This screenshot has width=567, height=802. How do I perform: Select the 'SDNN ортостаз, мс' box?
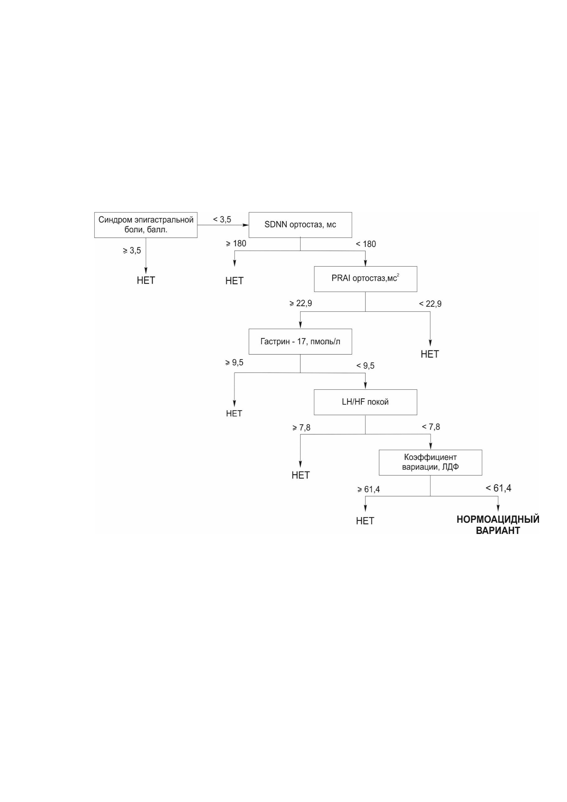(300, 225)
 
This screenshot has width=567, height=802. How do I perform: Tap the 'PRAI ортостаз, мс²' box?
(365, 279)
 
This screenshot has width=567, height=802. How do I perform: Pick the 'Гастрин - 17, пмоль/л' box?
(300, 342)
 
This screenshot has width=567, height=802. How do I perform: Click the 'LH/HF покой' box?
(365, 402)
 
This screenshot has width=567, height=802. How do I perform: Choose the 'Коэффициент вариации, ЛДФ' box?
(430, 462)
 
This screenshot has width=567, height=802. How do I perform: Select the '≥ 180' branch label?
(236, 243)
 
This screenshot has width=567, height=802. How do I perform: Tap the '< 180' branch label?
(366, 244)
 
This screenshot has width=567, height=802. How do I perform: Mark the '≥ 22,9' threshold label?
(301, 304)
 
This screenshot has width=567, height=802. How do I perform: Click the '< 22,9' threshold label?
(430, 304)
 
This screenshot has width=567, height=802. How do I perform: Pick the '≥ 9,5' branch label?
(235, 363)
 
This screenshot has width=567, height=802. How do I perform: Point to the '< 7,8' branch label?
(431, 427)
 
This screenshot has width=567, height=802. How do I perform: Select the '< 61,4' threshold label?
(499, 488)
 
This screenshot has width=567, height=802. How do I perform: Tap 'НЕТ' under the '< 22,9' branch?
(430, 354)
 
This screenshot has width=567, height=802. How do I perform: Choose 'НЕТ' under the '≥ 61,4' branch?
(365, 521)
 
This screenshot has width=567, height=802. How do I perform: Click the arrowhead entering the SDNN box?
(246, 225)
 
